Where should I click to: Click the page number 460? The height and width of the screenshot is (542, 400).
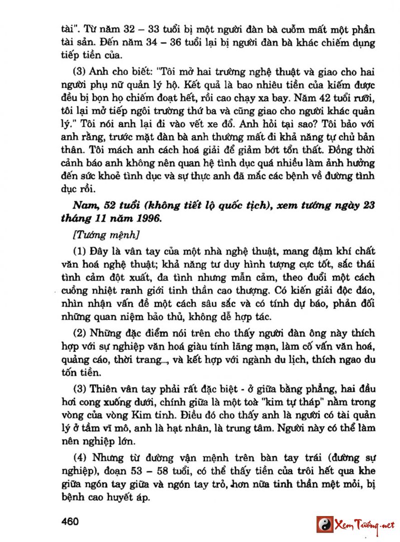(x=71, y=522)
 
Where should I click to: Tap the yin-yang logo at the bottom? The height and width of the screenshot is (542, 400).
(x=324, y=525)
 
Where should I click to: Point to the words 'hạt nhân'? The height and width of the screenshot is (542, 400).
(x=220, y=428)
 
